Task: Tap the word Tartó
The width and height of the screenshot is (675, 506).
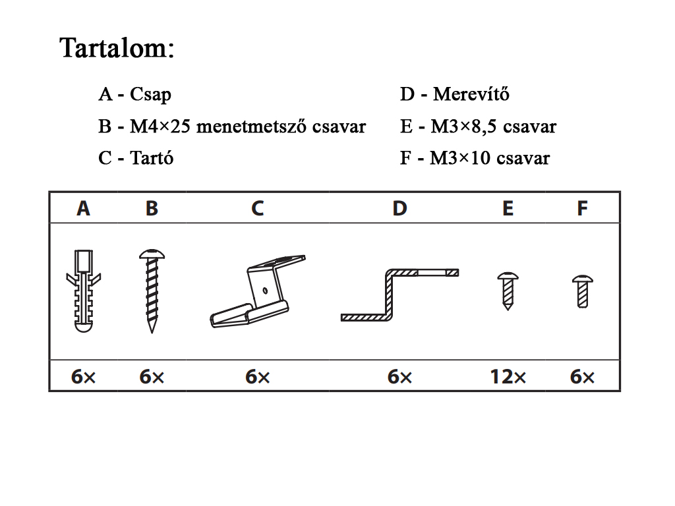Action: [152, 158]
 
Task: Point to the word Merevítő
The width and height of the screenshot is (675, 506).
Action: [471, 94]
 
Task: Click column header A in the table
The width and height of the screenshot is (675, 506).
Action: [84, 209]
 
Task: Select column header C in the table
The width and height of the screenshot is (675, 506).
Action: [258, 209]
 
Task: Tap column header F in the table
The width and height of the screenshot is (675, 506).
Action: [582, 209]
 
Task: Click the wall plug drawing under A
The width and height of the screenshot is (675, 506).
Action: [84, 291]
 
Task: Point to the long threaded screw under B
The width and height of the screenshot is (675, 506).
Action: [152, 291]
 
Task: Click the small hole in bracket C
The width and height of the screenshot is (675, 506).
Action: [265, 291]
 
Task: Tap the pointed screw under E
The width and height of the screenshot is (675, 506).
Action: [508, 291]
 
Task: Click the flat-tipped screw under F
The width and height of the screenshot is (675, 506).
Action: [583, 292]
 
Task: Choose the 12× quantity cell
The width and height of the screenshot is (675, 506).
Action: [508, 377]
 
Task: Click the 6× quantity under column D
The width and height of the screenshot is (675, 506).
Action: [399, 377]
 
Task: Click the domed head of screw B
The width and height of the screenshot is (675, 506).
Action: [152, 254]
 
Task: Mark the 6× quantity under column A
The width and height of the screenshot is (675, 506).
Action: [84, 377]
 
